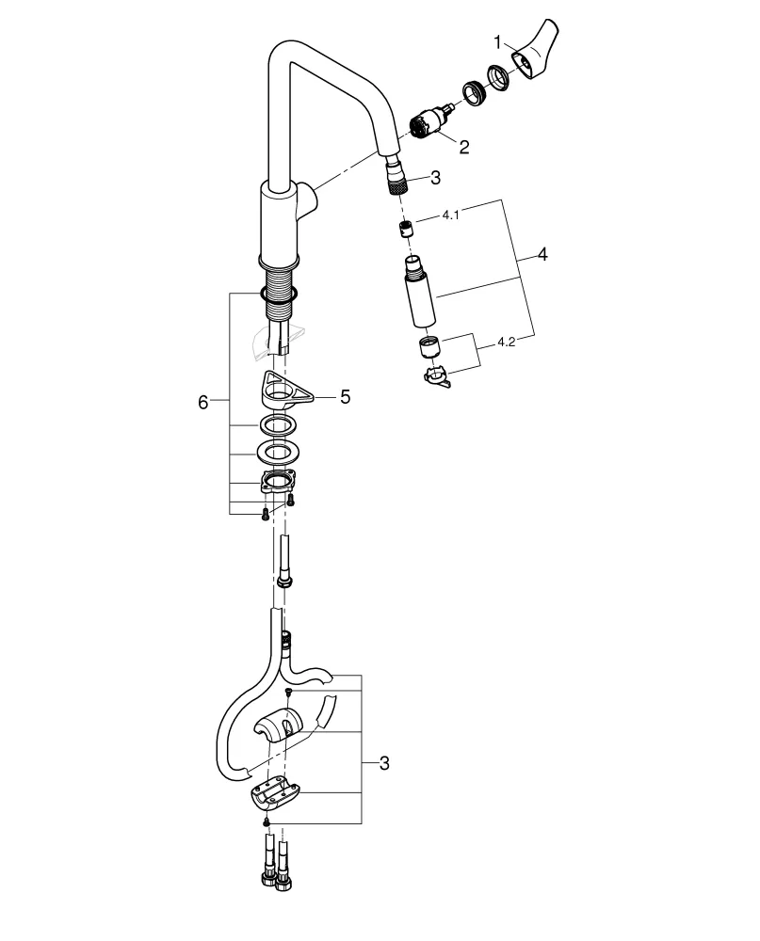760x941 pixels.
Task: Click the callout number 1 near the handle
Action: click(x=498, y=41)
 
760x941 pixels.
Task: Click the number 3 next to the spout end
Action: click(x=434, y=176)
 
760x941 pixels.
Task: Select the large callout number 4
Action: click(x=542, y=255)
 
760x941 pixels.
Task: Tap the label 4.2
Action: click(x=505, y=342)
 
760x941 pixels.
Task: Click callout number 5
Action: click(x=345, y=397)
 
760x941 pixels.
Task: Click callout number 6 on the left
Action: click(x=202, y=403)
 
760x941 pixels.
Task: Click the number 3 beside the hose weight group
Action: click(x=383, y=764)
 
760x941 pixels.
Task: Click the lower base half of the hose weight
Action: click(x=274, y=794)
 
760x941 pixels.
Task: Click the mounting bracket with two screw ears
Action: click(x=276, y=484)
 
